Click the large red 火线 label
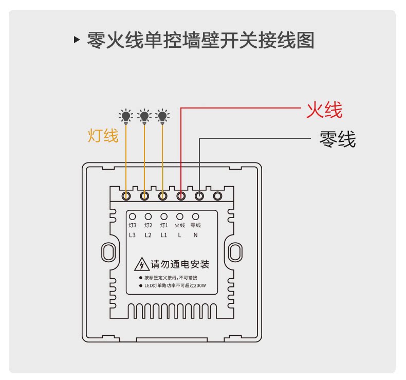(324, 110)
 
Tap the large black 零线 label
(337, 139)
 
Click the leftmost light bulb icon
(126, 116)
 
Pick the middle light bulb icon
(144, 116)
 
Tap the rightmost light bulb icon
(162, 116)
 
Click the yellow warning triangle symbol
(140, 265)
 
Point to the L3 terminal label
(132, 236)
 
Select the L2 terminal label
(148, 236)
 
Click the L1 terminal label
(164, 236)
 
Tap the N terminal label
(195, 236)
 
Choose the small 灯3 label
(132, 225)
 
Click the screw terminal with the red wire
(181, 196)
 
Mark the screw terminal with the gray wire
(199, 196)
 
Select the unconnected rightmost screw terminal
(217, 196)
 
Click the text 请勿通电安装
(180, 265)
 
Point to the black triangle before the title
(77, 40)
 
